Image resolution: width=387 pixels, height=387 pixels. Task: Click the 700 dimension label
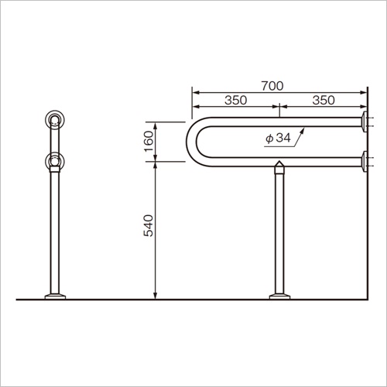[x=272, y=86]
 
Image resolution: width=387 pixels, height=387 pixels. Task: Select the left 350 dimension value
[x=236, y=100]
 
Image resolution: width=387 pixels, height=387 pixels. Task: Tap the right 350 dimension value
[x=324, y=100]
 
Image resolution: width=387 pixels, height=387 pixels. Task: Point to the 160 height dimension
[x=149, y=142]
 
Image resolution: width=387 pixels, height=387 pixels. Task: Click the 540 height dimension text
[x=149, y=225]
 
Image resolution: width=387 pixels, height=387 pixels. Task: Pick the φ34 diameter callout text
[x=278, y=139]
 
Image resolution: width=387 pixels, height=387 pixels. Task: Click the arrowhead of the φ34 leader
[x=303, y=130]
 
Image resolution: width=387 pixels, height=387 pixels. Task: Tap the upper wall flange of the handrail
[x=365, y=122]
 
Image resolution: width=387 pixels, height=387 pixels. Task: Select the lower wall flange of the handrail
[x=365, y=162]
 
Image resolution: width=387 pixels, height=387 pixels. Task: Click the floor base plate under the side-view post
[x=279, y=296]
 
